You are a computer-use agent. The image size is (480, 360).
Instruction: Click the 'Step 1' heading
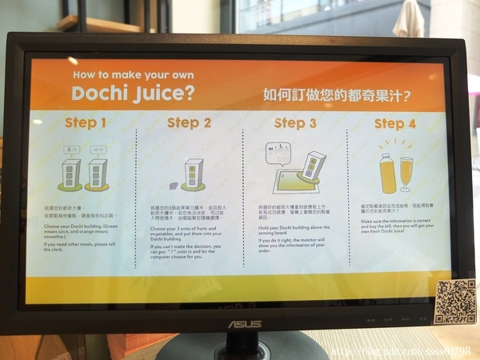point(85,123)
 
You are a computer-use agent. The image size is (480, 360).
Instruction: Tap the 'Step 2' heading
point(189,123)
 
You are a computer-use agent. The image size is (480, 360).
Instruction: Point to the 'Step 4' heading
point(394,124)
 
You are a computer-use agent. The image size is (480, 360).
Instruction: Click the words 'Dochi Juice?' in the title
point(133,94)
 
